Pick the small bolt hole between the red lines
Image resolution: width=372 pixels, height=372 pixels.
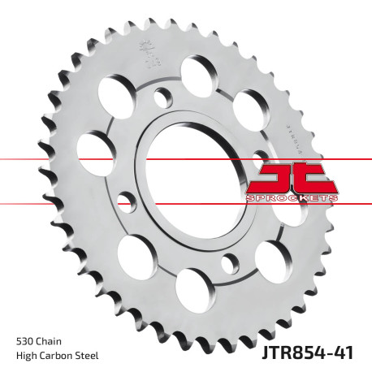click(x=125, y=199)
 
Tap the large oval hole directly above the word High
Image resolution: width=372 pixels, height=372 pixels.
click(x=136, y=256)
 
